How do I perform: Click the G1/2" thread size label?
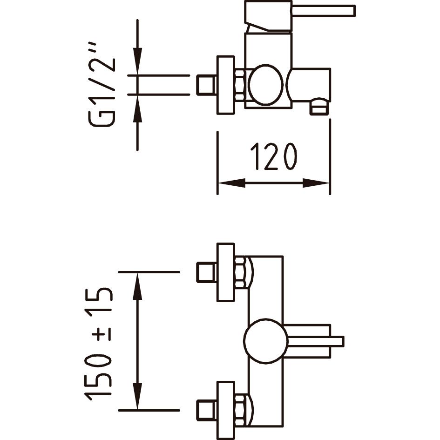(102, 85)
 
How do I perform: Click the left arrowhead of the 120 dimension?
(231, 183)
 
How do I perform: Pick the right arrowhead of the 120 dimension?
(315, 183)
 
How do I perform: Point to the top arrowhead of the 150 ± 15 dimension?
(137, 286)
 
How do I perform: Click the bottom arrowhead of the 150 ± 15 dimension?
(137, 396)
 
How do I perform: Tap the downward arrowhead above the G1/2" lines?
(137, 61)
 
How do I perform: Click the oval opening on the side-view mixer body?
(266, 85)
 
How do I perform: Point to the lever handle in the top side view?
(300, 16)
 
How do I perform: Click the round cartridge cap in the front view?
(266, 341)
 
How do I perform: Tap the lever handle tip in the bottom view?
(337, 341)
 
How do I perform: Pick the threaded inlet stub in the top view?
(207, 85)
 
